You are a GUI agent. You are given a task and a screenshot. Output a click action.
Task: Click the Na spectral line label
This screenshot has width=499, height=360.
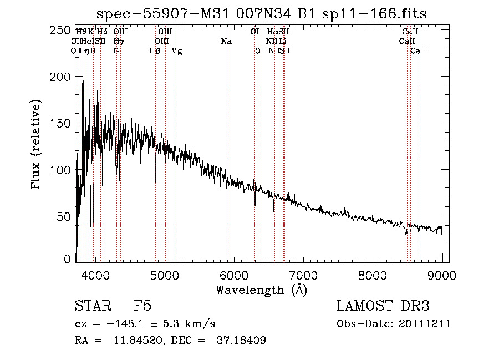click(x=226, y=41)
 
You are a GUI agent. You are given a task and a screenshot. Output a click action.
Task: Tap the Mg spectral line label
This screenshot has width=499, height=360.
click(x=176, y=50)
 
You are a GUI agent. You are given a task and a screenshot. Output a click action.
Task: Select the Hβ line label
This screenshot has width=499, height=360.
click(x=155, y=50)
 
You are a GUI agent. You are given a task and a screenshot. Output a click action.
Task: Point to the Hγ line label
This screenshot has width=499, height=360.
click(x=119, y=41)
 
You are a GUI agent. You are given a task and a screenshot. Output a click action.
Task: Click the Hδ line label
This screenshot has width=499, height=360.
click(x=102, y=32)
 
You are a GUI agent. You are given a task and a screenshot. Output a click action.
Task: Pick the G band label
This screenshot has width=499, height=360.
click(x=116, y=50)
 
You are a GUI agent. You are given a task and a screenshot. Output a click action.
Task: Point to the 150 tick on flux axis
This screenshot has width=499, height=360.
click(x=63, y=123)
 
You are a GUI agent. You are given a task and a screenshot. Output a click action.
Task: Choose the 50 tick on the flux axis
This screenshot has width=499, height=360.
click(x=67, y=215)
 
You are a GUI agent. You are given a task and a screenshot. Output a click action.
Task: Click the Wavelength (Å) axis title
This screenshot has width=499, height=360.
click(x=261, y=290)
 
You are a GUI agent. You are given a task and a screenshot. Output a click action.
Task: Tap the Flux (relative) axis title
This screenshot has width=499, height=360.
click(x=37, y=145)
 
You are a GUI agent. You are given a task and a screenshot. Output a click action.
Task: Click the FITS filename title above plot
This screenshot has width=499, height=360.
click(x=261, y=13)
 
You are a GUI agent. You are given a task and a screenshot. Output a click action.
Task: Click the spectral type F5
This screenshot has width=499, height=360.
click(x=142, y=307)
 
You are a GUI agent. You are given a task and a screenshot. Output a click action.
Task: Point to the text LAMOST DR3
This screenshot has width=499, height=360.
click(x=383, y=307)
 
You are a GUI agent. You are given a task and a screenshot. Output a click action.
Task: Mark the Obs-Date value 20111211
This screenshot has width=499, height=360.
click(x=427, y=324)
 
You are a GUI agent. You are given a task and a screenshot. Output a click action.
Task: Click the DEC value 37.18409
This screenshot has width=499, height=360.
click(x=240, y=341)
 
